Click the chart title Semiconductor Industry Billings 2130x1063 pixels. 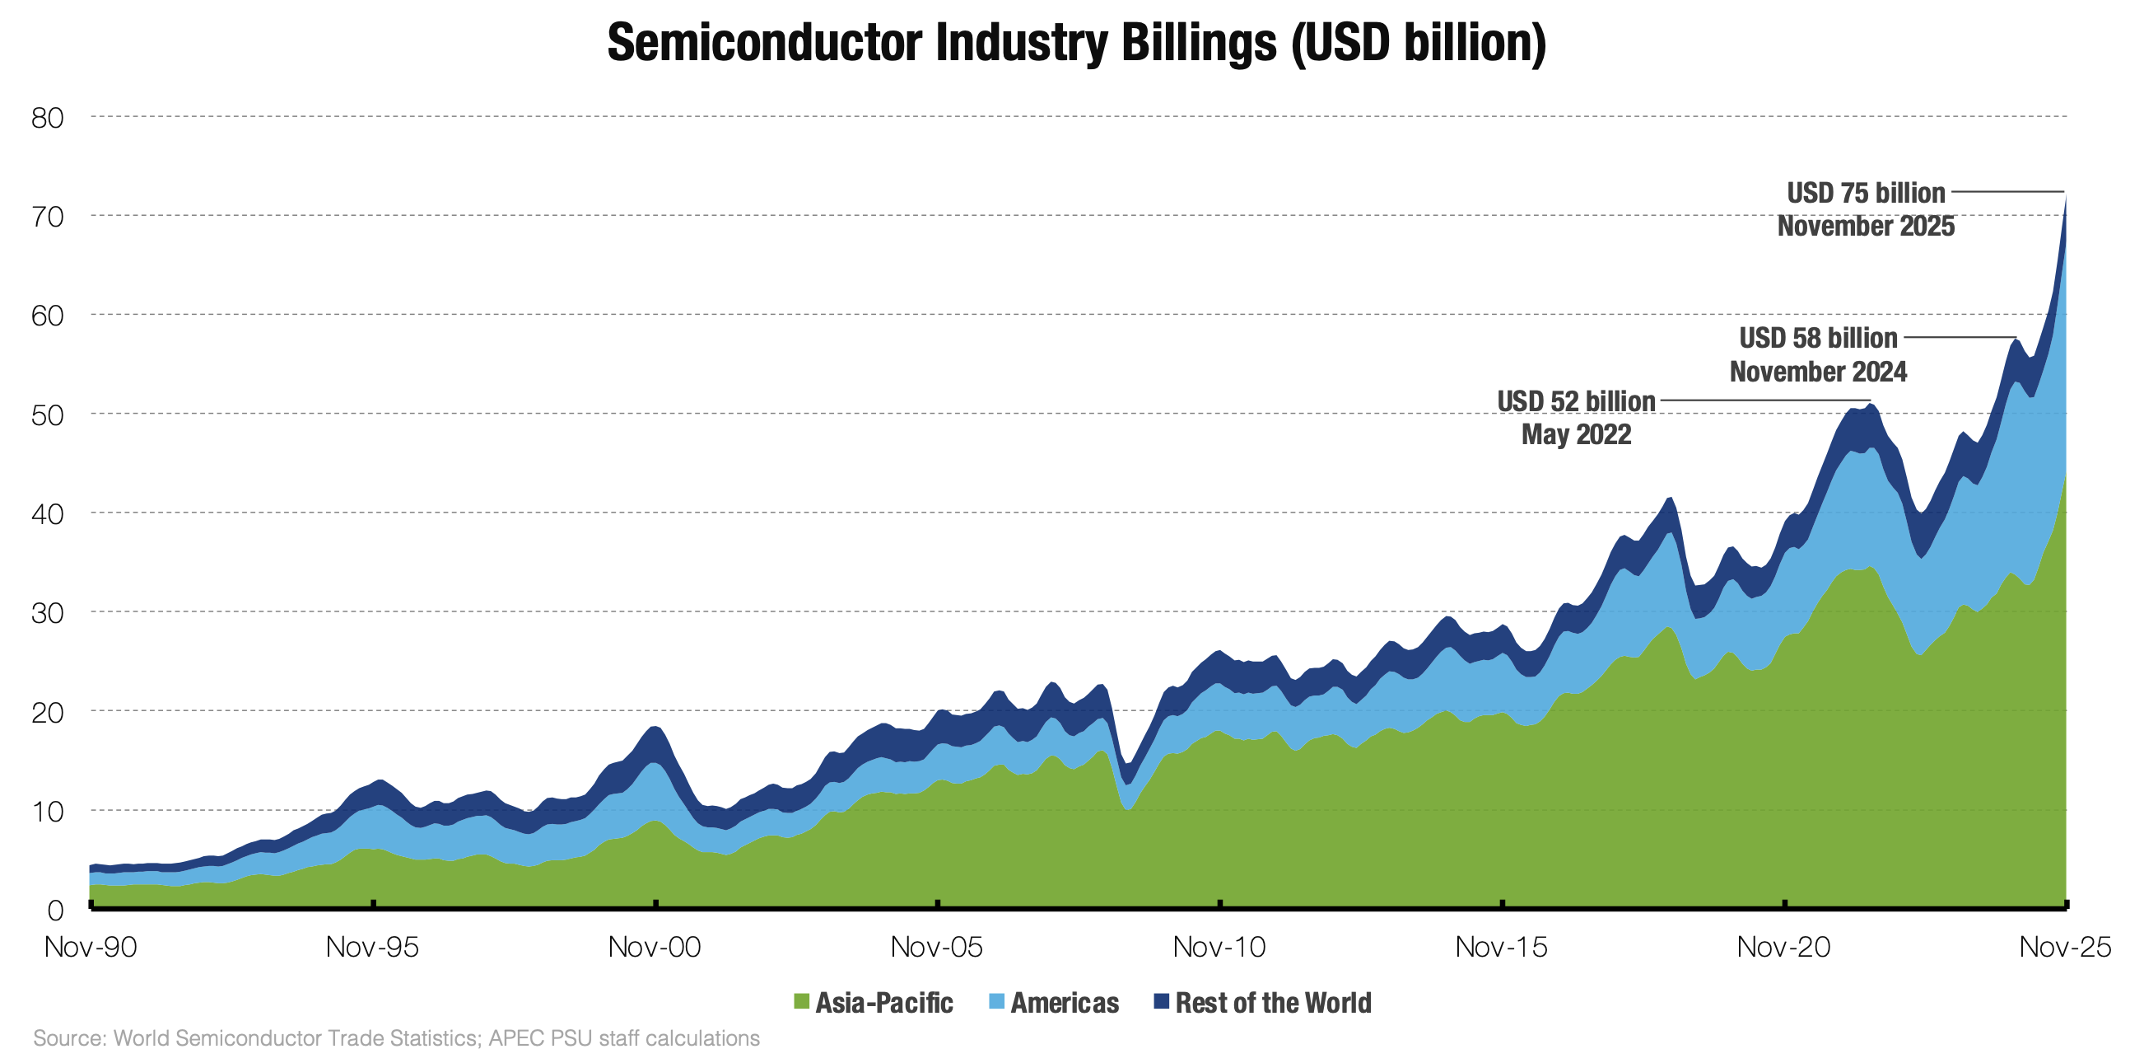click(x=1077, y=43)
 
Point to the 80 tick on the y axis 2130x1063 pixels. click(x=47, y=118)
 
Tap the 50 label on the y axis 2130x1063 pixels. click(x=47, y=414)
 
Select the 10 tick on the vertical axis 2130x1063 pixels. click(x=47, y=811)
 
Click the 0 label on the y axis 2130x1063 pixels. click(x=54, y=910)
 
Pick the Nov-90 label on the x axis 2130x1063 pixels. click(x=90, y=946)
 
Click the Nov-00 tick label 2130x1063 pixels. click(x=654, y=946)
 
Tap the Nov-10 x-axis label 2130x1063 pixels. click(x=1219, y=946)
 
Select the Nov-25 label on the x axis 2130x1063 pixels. click(x=2065, y=946)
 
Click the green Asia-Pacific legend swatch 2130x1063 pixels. click(x=800, y=1002)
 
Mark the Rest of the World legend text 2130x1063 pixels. click(x=1273, y=1003)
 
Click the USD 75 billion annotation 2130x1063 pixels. click(x=1866, y=193)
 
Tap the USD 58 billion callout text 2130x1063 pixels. click(x=1817, y=338)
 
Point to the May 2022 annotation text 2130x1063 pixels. click(x=1576, y=434)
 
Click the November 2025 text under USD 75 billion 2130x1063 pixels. click(x=1866, y=226)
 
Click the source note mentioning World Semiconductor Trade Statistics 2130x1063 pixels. click(x=396, y=1038)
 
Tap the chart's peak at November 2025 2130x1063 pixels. click(x=2065, y=195)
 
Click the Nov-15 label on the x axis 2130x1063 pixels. click(x=1501, y=946)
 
